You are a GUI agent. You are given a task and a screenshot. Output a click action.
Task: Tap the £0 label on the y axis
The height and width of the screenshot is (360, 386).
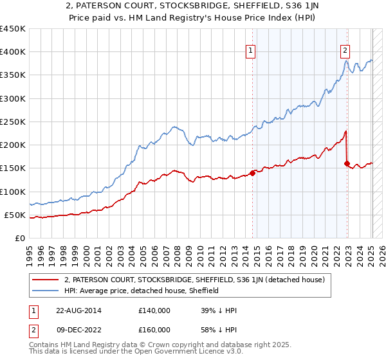tap(20, 238)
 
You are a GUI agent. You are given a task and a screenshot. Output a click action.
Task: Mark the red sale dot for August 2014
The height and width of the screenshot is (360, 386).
tap(253, 172)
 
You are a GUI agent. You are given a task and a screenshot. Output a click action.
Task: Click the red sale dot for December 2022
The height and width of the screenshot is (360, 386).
tap(347, 163)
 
